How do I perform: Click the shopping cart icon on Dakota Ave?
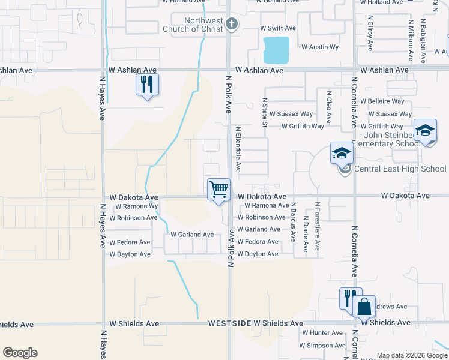(219, 190)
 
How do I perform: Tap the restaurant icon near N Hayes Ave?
(147, 84)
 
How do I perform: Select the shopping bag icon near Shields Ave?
(364, 307)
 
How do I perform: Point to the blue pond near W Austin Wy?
(276, 50)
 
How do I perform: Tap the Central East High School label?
(400, 169)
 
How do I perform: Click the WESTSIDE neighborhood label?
(229, 323)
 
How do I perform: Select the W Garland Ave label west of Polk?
(192, 235)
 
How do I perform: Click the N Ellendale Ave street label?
(238, 149)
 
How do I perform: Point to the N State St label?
(265, 113)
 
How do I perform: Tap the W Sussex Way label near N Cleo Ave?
(291, 114)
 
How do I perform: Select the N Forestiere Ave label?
(318, 226)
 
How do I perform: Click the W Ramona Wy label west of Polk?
(137, 206)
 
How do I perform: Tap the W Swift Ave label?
(278, 28)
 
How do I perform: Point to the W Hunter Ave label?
(322, 332)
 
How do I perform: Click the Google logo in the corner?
(20, 353)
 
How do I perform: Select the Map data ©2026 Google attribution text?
(412, 355)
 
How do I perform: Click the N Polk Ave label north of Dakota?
(228, 94)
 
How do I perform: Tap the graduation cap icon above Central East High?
(341, 154)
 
